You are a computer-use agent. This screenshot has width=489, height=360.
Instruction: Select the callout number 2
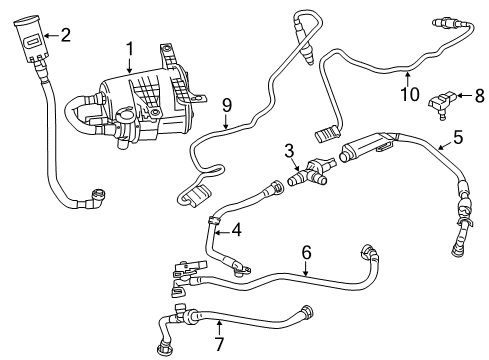pos(65,36)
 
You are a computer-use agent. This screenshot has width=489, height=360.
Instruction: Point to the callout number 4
pos(236,229)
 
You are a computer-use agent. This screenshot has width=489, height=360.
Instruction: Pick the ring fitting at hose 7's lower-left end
pos(164,347)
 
